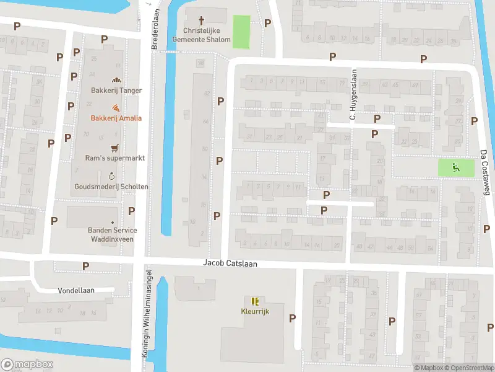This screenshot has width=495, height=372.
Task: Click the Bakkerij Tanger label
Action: pos(116,91)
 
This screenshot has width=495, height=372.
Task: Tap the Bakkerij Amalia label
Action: pos(116,118)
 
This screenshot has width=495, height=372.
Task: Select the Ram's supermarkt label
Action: pos(115,158)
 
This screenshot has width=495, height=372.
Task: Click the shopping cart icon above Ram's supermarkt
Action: pos(114,148)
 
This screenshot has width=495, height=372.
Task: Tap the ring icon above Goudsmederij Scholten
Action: pos(111,176)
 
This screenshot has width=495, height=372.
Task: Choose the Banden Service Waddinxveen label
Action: pos(112,234)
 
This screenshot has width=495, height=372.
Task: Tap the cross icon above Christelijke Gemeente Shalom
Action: pos(200,20)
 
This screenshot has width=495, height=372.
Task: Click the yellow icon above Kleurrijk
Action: pos(254,301)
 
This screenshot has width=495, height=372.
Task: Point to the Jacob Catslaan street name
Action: pos(230,263)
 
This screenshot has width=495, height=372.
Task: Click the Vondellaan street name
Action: pos(75,290)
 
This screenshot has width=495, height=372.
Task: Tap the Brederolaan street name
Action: pos(155,29)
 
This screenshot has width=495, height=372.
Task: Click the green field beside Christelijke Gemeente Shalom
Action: pos(241,32)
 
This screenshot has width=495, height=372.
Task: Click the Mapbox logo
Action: pos(27,365)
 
